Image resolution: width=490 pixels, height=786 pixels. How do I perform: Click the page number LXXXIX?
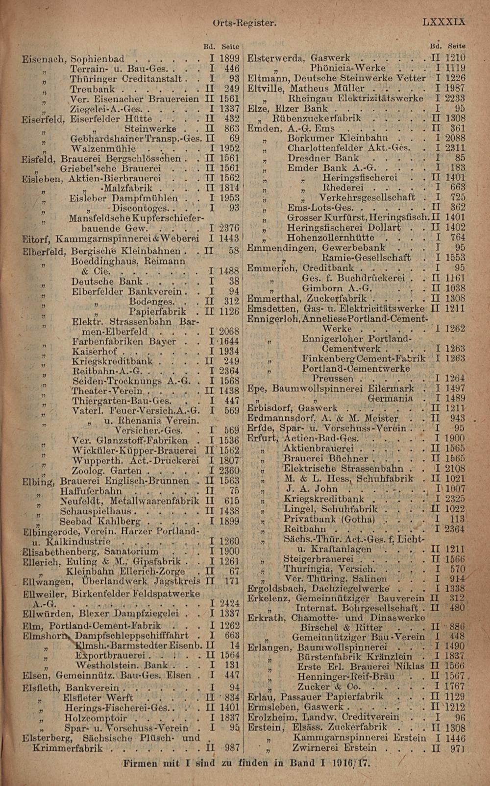tap(443, 22)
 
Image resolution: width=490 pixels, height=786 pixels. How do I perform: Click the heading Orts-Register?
tap(245, 23)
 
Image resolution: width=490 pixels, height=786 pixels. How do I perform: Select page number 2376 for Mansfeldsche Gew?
tap(229, 228)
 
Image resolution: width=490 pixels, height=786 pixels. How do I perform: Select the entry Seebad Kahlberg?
tap(99, 521)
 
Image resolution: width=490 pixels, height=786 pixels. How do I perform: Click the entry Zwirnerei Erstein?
tap(334, 748)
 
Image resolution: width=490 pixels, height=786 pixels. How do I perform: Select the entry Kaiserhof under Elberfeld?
tap(95, 352)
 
